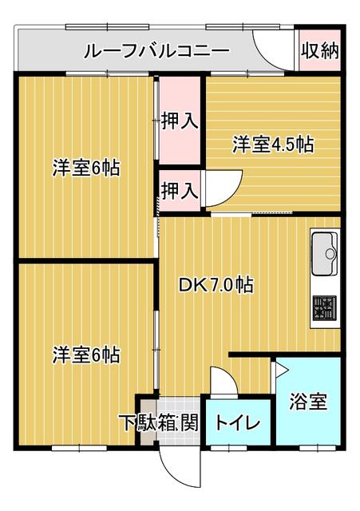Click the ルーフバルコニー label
pos(156,51)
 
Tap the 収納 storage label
pos(319,51)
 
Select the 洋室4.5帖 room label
pos(273,145)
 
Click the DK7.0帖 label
pos(216,285)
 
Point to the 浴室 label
pos(308,402)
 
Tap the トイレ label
pos(238,423)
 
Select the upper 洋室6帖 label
pos(86,168)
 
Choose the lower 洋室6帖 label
pos(86,355)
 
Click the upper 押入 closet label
pos(180,121)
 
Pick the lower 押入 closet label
pos(180,191)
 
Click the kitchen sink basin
pos(325,254)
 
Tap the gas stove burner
pos(325,307)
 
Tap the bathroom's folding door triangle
pos(280,369)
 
